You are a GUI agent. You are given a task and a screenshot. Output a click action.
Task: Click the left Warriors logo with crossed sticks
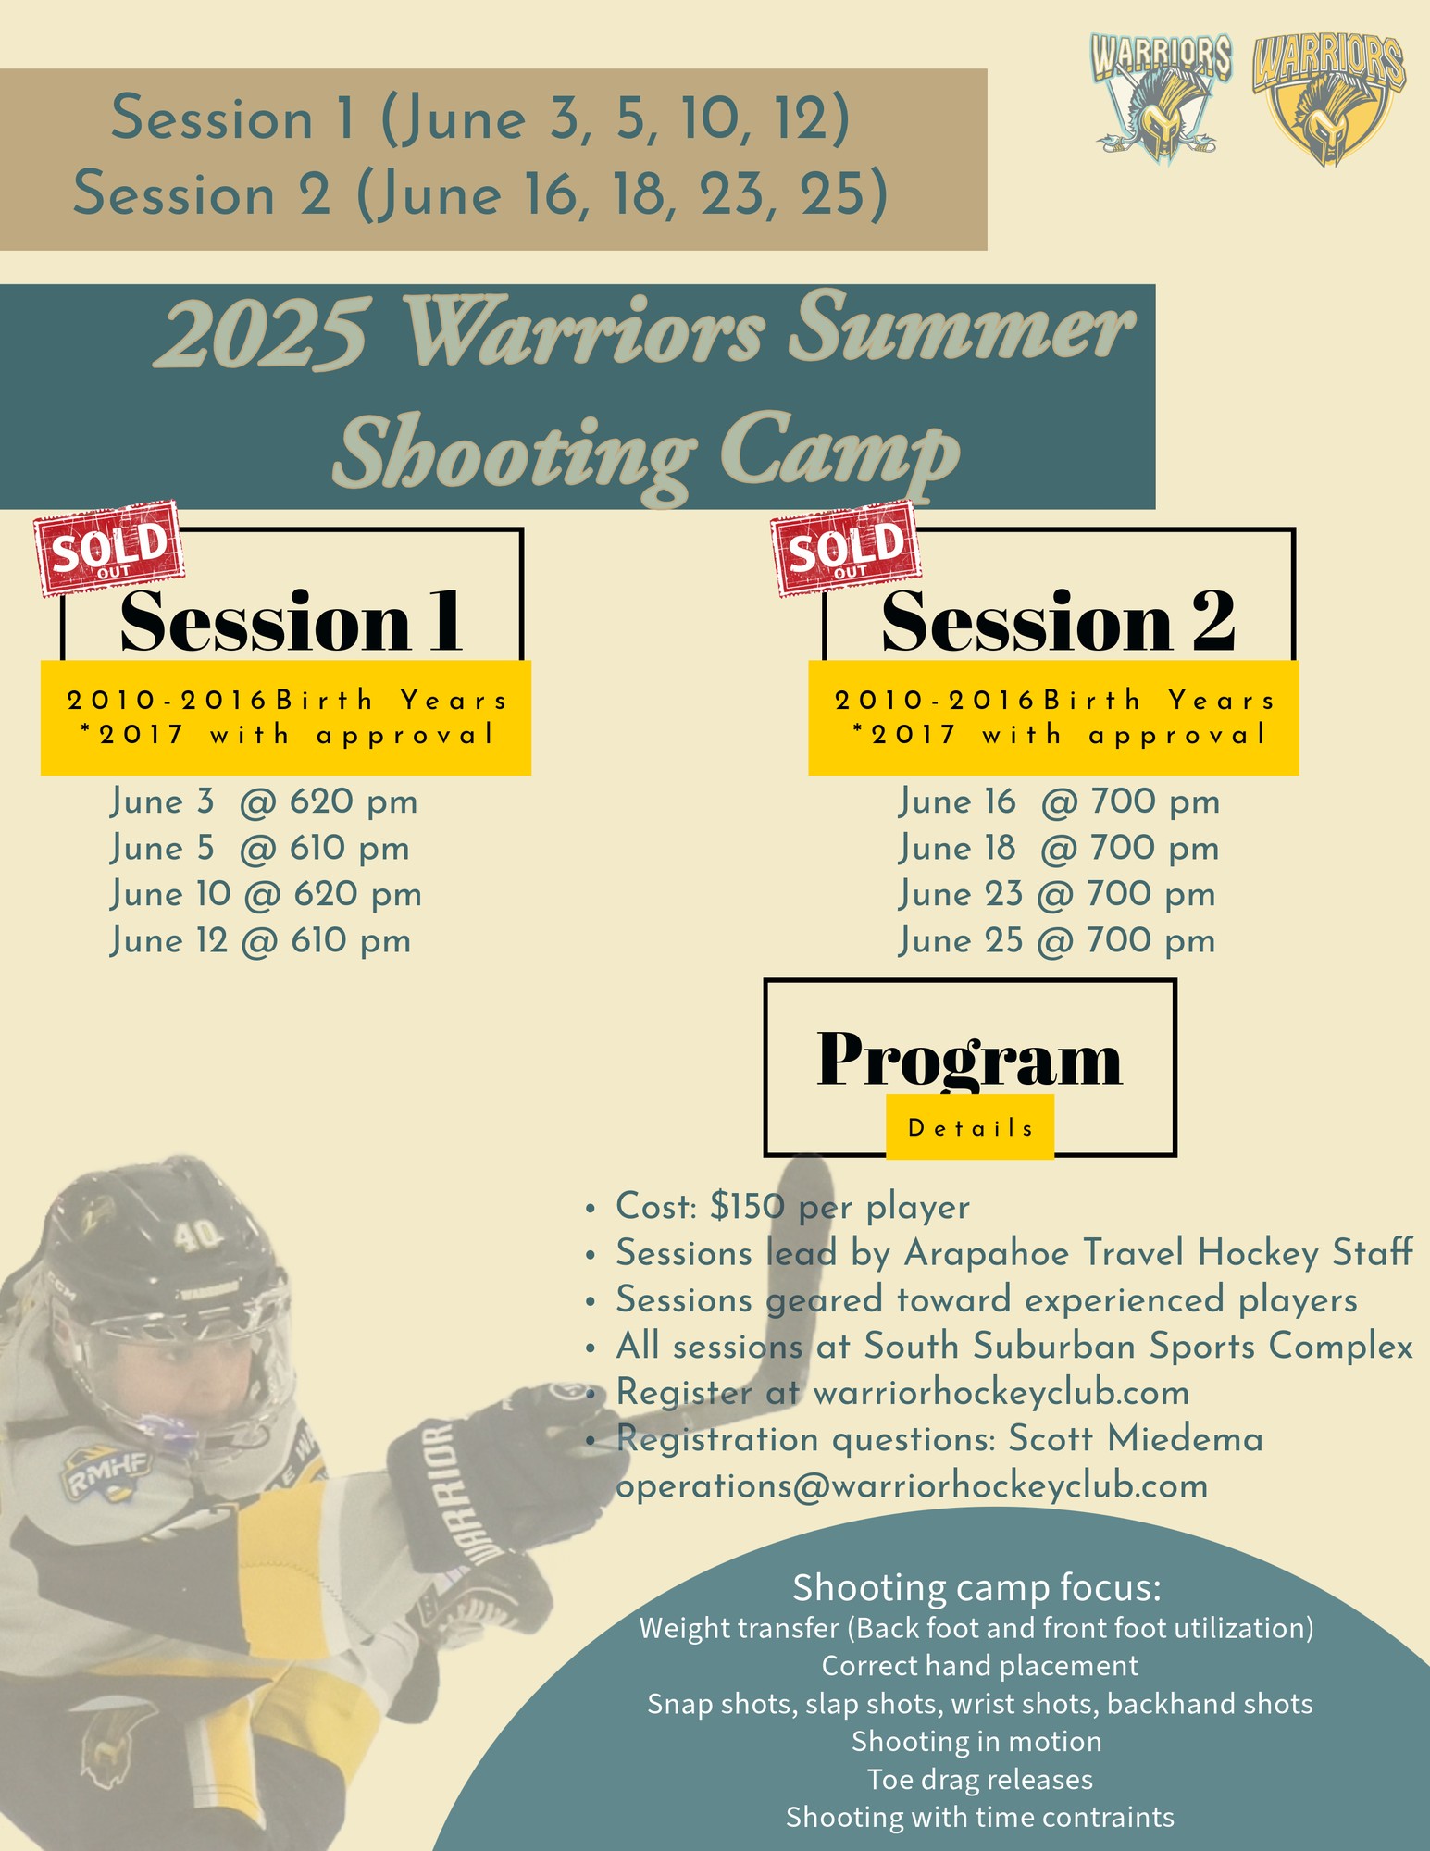(1160, 97)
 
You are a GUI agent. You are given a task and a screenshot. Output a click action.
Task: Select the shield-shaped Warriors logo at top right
(1328, 100)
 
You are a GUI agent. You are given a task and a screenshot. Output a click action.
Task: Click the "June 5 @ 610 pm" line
(260, 849)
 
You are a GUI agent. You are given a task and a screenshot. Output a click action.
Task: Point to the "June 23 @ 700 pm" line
(1057, 895)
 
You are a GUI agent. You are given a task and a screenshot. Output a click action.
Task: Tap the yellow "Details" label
(970, 1127)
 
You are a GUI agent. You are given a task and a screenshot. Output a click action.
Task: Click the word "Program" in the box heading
(969, 1060)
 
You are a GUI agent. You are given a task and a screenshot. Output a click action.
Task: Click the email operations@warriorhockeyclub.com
(912, 1486)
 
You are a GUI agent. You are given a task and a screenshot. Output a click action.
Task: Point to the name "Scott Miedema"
(1136, 1439)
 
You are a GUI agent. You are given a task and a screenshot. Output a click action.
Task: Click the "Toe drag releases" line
(980, 1780)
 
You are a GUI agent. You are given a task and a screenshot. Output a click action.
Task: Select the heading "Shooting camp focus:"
(976, 1588)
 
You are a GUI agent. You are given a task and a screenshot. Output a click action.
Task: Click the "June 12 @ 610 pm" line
(261, 941)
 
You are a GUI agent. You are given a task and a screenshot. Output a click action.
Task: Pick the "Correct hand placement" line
(980, 1666)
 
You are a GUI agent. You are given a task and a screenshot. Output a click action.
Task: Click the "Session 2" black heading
(1058, 621)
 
